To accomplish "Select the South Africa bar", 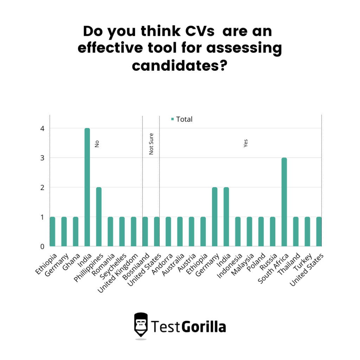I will coord(284,202).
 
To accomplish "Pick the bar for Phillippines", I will coord(99,217).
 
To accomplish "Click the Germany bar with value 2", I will coord(214,217).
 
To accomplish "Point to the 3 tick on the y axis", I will coord(42,158).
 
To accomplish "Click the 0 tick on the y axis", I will coord(42,246).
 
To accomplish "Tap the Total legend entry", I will coord(182,119).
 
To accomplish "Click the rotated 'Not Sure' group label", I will coord(152,144).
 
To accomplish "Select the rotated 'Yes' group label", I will coord(246,143).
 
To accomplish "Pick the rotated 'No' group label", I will coord(97,143).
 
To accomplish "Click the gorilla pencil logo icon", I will coord(141,326).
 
